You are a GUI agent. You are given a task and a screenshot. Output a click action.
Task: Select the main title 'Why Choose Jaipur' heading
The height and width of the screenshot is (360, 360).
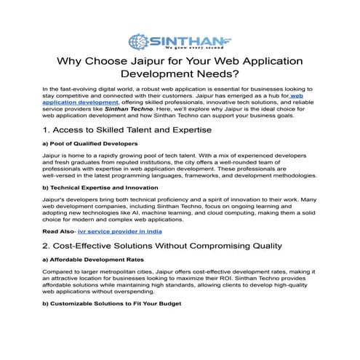click(x=180, y=67)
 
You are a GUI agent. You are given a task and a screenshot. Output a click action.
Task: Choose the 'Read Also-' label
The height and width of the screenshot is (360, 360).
click(x=59, y=231)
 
